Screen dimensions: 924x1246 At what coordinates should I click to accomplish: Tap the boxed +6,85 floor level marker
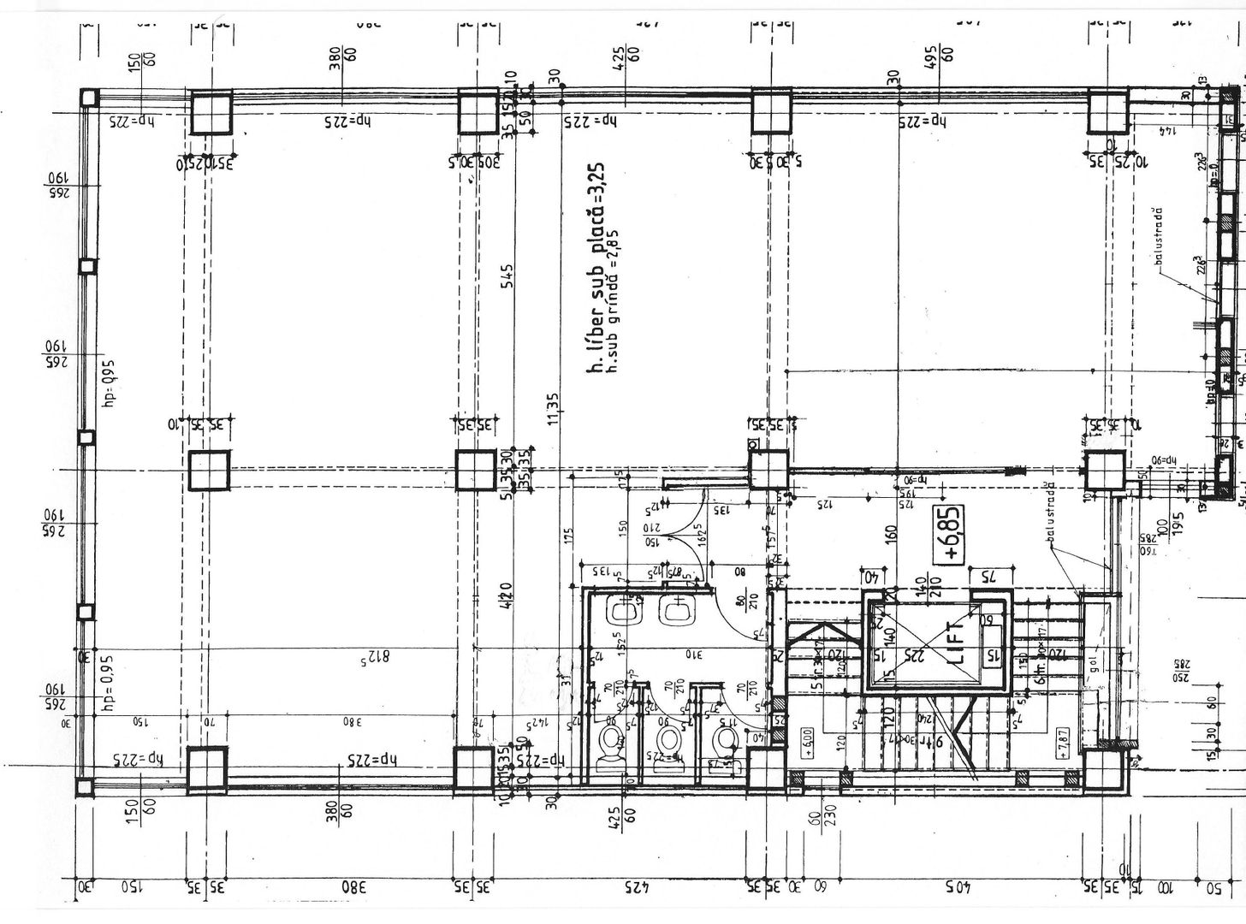tap(951, 535)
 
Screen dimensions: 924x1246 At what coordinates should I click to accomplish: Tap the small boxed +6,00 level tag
tap(806, 738)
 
